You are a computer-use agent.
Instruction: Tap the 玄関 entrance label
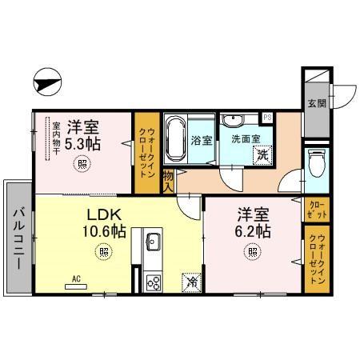tap(316, 103)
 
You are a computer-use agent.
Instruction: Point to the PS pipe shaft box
tap(267, 118)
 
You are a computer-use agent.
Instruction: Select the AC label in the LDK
tap(78, 278)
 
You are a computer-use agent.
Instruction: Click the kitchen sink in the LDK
tap(152, 242)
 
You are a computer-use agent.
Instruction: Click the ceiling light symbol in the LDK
tap(102, 253)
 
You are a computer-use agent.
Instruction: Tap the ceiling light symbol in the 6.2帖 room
tap(253, 253)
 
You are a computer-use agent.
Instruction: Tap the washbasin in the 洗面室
tap(234, 122)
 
